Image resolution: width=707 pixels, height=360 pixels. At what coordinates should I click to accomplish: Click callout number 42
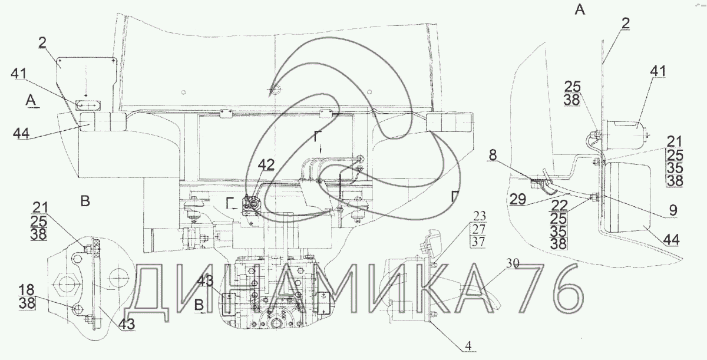(x=266, y=165)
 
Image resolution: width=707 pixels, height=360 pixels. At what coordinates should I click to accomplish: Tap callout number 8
(x=493, y=155)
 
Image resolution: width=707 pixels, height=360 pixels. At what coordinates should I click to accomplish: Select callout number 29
(x=518, y=199)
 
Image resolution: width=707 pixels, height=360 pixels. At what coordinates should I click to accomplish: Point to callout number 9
(x=673, y=210)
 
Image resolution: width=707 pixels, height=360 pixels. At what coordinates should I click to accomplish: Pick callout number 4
(x=468, y=346)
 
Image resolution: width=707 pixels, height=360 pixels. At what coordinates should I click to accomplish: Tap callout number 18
(x=27, y=290)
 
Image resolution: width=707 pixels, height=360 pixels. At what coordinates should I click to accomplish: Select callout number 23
(x=480, y=216)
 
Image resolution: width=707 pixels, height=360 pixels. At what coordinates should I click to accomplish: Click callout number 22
(x=559, y=206)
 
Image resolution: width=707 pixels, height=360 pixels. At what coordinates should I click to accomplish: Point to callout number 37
(x=478, y=242)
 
